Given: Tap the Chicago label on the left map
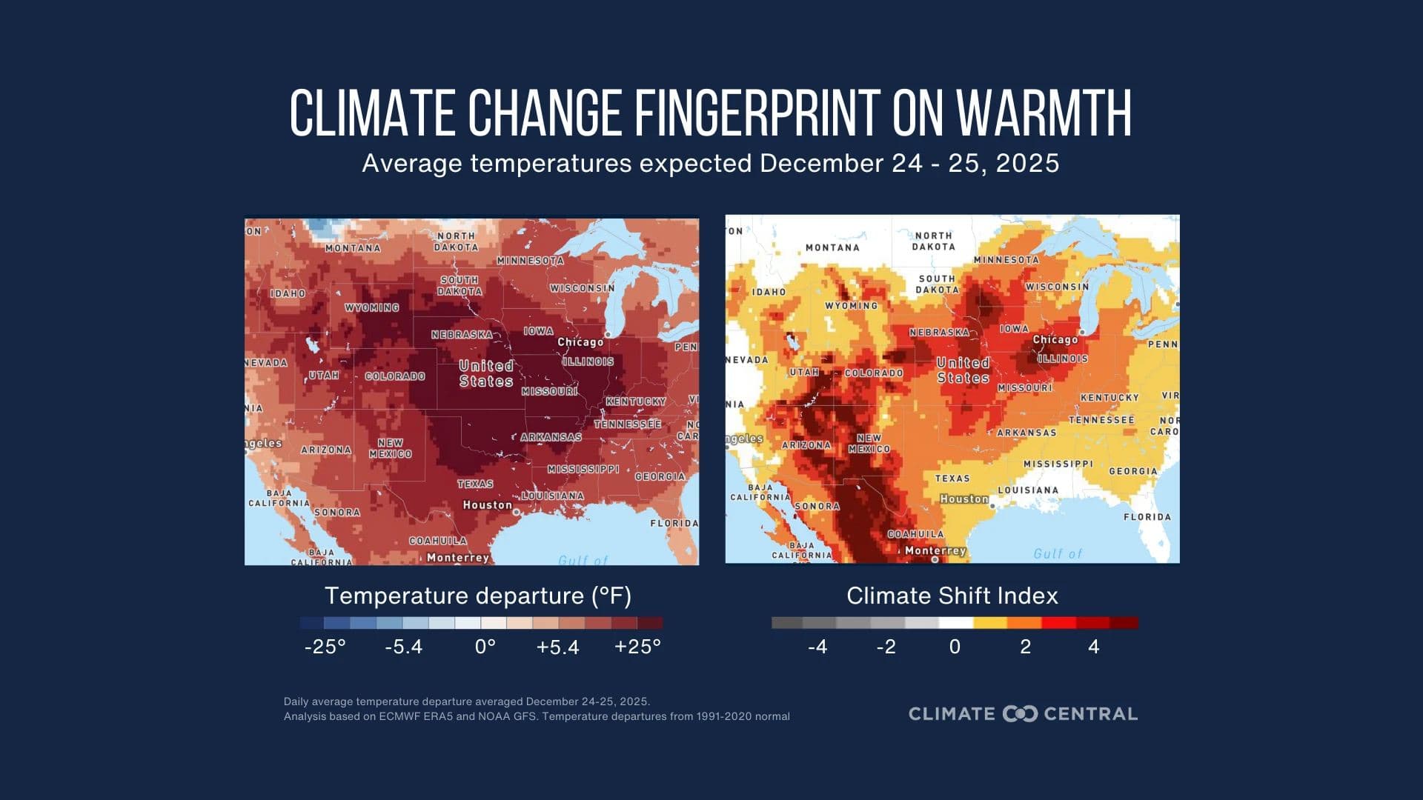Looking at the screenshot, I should pos(580,342).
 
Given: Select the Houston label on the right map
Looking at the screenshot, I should pos(963,499).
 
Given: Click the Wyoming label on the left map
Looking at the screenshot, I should pos(371,307).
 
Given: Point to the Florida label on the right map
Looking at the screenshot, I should pos(1147,517).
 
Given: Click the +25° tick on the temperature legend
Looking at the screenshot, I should pos(637,647).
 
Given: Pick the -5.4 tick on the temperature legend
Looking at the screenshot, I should pos(404,647).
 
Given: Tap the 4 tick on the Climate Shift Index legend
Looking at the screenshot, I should pos(1093,647).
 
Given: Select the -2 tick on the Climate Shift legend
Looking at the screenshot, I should pos(886,647).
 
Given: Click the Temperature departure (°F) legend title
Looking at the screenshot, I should pos(478,596).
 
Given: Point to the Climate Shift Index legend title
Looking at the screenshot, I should pos(952,596).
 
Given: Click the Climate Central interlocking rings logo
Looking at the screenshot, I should pos(1020,714).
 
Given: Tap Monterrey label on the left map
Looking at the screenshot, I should pos(458,558).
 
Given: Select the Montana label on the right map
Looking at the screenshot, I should pos(832,247).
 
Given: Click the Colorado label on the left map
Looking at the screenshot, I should pos(394,376).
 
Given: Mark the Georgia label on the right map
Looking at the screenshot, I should pos(1132,471).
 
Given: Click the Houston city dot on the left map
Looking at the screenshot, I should pos(517,512).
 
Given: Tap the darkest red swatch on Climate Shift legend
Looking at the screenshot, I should pos(1124,623).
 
